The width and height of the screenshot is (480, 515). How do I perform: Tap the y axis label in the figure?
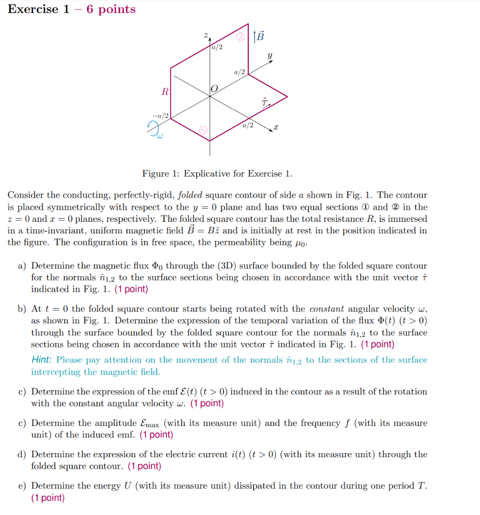[x=270, y=56]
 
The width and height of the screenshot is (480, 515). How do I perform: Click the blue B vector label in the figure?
[x=259, y=36]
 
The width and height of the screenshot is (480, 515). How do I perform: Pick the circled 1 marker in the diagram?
[x=203, y=131]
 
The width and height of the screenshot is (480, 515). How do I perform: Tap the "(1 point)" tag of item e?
[x=48, y=498]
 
